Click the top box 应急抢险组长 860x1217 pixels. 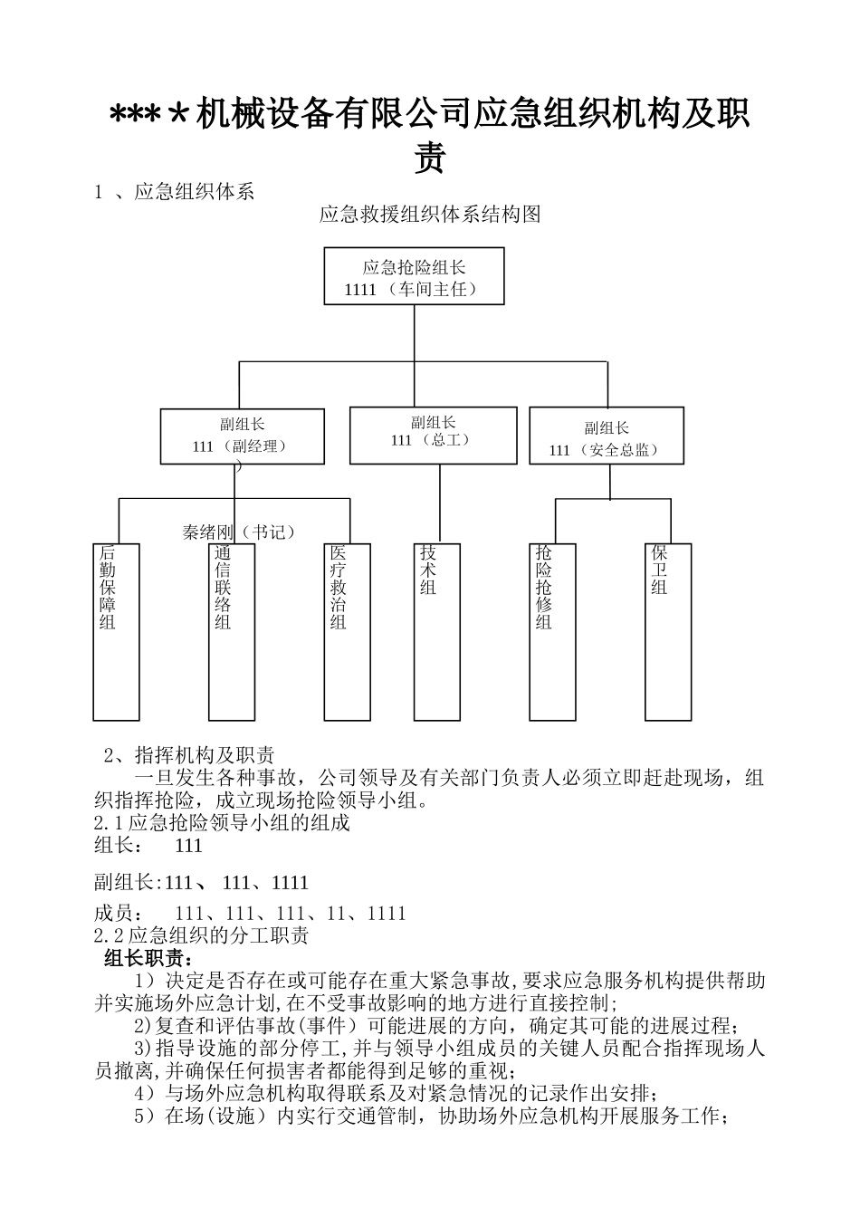pos(414,276)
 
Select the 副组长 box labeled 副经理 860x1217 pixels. pos(242,436)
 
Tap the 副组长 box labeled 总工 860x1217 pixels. pos(433,434)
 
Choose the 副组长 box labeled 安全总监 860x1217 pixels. pos(606,437)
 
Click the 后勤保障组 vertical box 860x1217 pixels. pos(116,631)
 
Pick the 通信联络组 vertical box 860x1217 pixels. pos(231,631)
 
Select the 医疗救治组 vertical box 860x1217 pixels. pos(347,631)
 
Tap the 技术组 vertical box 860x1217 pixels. pos(436,631)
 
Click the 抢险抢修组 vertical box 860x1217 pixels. pos(552,631)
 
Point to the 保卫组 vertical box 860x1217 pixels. pos(668,631)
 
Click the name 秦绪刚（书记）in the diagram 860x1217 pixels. pos(240,532)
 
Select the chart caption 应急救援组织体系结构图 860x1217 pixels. pos(430,215)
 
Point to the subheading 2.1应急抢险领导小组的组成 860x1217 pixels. pos(222,822)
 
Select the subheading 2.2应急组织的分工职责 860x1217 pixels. pos(201,935)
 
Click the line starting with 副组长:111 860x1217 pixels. pos(201,882)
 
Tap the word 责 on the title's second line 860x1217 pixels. pos(430,158)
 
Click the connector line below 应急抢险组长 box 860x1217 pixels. pos(414,332)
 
